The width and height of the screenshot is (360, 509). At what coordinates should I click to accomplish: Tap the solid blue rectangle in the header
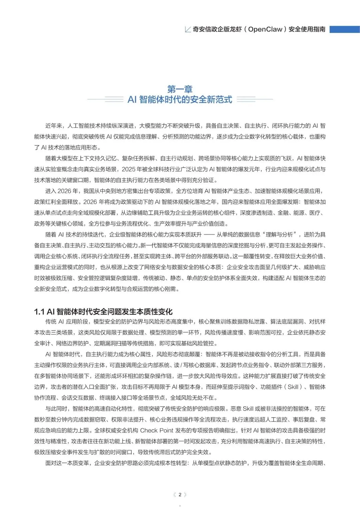(344, 29)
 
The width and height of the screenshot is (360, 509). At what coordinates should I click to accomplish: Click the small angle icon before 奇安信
(188, 29)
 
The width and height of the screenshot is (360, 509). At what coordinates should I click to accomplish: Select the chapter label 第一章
(180, 89)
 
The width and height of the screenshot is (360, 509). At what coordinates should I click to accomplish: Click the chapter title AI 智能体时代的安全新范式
(180, 99)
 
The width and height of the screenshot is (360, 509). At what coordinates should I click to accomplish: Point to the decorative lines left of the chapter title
(105, 99)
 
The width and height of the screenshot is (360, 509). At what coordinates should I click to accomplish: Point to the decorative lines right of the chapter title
(255, 99)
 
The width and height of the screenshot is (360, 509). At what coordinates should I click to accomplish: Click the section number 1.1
(39, 312)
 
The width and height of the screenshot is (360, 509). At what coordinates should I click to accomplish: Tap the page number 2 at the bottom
(180, 495)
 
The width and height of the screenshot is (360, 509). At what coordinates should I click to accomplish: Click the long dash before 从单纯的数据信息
(209, 235)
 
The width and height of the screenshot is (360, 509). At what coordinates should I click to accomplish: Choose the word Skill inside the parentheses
(293, 387)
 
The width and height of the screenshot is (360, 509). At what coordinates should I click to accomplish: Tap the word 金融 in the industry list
(283, 213)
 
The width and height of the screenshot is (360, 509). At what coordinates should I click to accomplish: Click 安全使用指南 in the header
(307, 29)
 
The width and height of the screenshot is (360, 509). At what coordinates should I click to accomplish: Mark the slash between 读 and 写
(181, 365)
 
